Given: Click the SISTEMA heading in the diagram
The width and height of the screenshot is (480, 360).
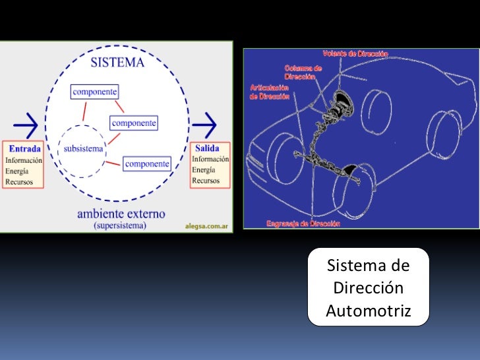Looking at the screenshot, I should pos(118,65).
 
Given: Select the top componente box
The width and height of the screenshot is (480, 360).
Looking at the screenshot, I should pos(94,92).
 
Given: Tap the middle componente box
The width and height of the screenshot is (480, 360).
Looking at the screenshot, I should pos(134,123).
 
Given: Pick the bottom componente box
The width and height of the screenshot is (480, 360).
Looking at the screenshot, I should pos(147,163).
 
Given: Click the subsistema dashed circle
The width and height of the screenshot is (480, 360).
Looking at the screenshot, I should pos(83,150).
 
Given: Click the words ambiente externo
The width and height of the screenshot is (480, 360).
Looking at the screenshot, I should pos(121,214).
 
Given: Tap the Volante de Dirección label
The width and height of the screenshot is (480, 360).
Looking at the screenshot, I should pos(355,53).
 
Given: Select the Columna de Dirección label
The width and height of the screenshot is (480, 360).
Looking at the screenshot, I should pos(303,71).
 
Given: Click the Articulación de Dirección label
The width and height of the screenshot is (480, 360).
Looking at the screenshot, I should pos(270,92).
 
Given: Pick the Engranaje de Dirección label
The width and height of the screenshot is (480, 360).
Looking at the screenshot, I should pos(303,224).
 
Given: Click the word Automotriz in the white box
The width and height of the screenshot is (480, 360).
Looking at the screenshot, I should pos(368,311).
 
